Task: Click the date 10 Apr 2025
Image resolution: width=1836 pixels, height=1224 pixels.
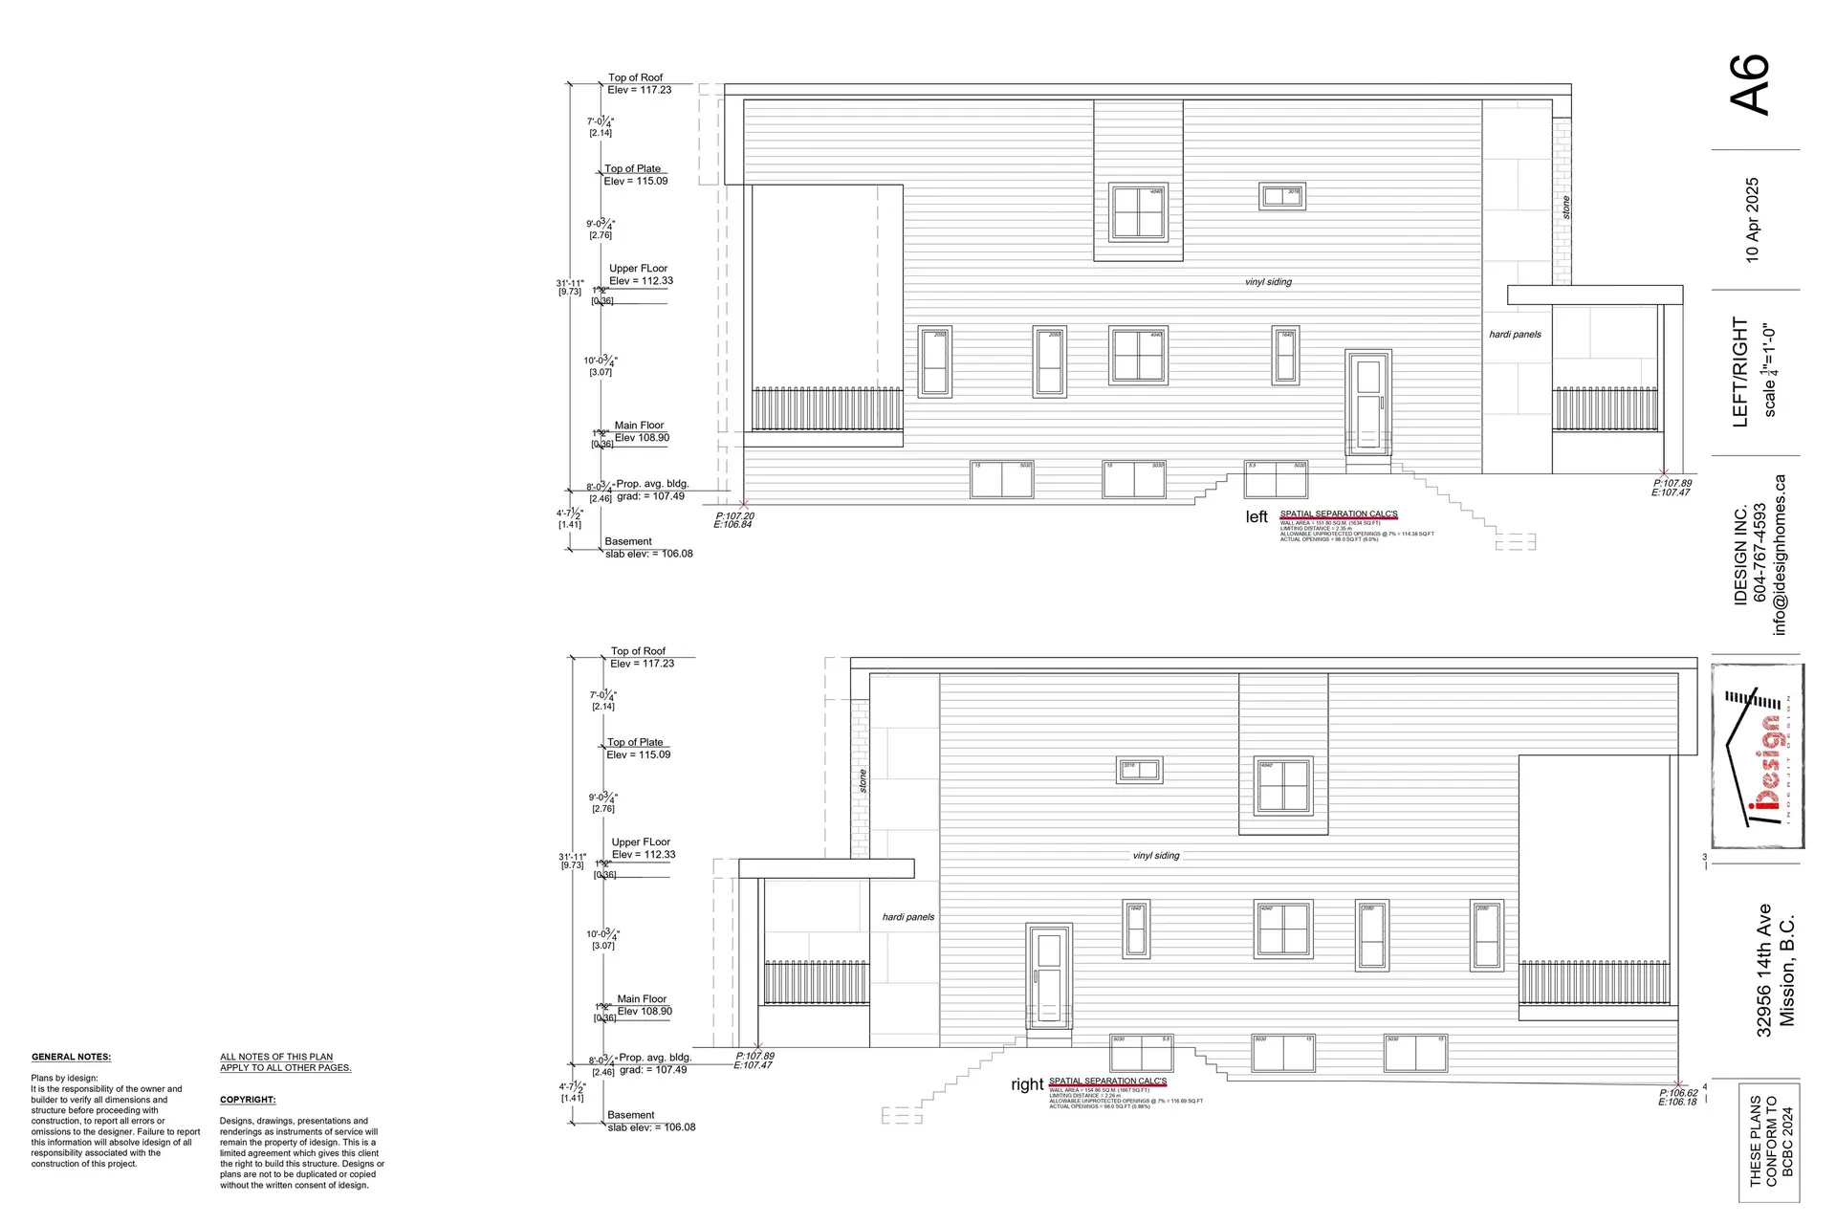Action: [x=1752, y=220]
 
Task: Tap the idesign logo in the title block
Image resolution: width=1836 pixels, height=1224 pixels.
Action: [x=1758, y=756]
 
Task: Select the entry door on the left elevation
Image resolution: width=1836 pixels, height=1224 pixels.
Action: [x=1367, y=404]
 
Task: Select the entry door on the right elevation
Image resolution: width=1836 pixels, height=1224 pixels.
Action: [x=1049, y=977]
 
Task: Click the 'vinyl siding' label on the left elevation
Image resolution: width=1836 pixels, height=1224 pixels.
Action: [x=1268, y=282]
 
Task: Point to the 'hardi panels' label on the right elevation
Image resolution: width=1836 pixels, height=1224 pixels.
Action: [x=907, y=917]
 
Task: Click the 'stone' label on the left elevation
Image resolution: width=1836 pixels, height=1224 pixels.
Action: [x=1565, y=208]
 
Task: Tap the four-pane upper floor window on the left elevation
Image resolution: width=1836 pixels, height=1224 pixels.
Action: [x=1138, y=212]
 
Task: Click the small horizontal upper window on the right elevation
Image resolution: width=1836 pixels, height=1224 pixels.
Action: [x=1139, y=770]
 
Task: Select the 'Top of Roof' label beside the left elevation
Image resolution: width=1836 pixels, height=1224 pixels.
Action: [x=635, y=77]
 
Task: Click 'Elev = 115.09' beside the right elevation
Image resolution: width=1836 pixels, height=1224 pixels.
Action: [x=638, y=754]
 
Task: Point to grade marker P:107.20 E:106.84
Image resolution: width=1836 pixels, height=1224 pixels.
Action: [x=734, y=520]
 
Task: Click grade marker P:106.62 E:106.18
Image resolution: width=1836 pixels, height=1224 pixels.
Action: [x=1677, y=1097]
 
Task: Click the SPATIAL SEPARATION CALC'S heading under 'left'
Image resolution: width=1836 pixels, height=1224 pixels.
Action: [x=1338, y=514]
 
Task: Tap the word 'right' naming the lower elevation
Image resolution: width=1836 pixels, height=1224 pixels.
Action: [x=1027, y=1084]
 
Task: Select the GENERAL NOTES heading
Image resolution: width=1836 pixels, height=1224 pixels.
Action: [x=71, y=1057]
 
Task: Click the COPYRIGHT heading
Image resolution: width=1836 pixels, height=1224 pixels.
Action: [x=248, y=1100]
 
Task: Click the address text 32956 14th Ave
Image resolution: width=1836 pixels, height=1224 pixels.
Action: [x=1764, y=970]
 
